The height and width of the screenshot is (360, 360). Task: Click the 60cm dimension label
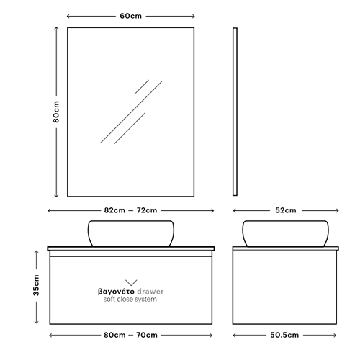(130, 16)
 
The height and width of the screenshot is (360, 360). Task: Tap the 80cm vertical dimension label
(56, 112)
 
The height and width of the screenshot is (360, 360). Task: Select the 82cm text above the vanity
(114, 210)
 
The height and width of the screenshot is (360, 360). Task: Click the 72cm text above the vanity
(147, 210)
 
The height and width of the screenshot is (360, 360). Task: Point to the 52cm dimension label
(286, 210)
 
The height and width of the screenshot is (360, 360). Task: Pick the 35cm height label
(36, 285)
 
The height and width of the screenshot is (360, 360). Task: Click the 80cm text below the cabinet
(114, 335)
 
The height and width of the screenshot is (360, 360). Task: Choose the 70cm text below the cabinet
(147, 335)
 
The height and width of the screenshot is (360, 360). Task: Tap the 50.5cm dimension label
(284, 335)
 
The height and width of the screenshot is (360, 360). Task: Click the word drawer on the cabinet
(150, 292)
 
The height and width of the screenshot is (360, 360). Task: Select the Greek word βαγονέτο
(116, 292)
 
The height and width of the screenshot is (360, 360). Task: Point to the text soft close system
(130, 300)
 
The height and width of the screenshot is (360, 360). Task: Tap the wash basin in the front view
(131, 233)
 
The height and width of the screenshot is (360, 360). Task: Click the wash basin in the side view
(285, 233)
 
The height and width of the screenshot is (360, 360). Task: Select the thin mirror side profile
(235, 112)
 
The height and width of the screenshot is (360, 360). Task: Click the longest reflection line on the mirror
(131, 112)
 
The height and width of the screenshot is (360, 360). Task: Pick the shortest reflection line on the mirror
(142, 86)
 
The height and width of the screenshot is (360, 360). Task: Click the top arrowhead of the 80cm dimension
(56, 28)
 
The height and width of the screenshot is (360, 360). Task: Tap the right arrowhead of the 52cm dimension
(337, 210)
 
